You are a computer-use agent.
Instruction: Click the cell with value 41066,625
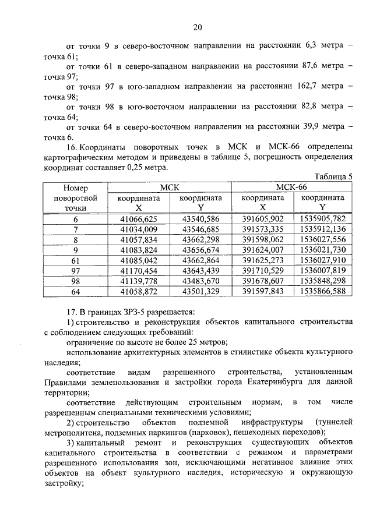click(x=139, y=219)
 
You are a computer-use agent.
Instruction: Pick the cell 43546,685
click(x=200, y=229)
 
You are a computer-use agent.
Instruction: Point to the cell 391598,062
click(x=262, y=239)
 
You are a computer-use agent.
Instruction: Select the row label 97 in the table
click(x=75, y=270)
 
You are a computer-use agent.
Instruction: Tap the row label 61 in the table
click(x=75, y=260)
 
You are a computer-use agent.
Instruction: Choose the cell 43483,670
click(x=200, y=281)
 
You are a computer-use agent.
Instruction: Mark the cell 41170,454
click(x=139, y=270)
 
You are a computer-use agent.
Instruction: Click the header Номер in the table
click(x=75, y=188)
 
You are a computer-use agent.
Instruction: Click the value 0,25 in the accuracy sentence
click(x=119, y=167)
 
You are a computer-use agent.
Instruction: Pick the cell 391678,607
click(x=262, y=281)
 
